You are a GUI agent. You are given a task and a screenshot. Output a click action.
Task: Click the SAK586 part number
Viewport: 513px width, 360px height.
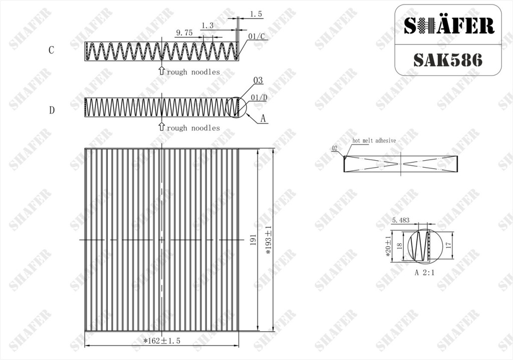point(447,60)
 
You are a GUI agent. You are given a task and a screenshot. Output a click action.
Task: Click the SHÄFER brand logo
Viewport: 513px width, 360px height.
point(449,26)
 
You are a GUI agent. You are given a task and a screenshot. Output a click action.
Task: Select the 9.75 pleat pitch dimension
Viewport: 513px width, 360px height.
point(184,33)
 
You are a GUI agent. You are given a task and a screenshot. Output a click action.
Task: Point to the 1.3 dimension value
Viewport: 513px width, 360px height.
point(207,26)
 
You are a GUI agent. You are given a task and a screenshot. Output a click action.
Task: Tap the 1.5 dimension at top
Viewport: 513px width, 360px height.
point(256,14)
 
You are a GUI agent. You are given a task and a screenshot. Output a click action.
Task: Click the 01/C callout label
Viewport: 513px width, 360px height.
point(256,36)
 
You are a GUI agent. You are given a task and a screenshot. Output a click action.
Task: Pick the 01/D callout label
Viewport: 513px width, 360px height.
point(259,98)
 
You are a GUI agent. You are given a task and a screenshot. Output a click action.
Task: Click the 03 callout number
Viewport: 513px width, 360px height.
point(258,81)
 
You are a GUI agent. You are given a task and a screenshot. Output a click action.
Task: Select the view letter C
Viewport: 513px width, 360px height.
point(52,50)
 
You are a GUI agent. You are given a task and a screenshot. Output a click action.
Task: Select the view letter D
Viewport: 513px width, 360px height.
point(52,110)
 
